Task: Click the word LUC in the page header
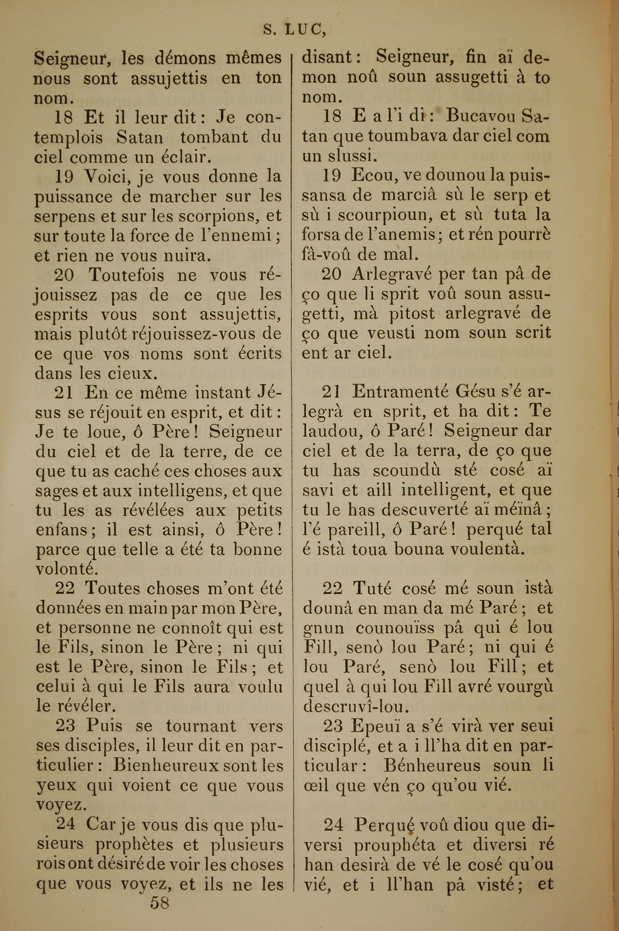[304, 30]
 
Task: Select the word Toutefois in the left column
[126, 275]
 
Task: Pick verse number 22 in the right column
[333, 588]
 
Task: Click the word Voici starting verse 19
[108, 176]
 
